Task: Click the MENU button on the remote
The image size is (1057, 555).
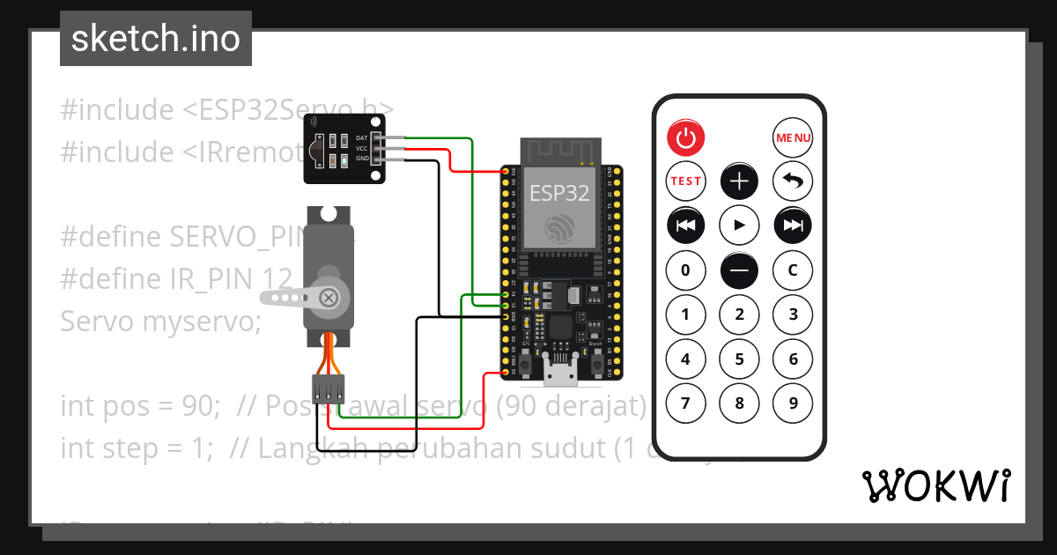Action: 793,137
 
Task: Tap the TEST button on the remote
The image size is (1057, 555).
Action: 686,181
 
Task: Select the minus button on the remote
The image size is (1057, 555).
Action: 739,270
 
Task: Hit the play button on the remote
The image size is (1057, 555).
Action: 739,226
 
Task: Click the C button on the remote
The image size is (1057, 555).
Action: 793,270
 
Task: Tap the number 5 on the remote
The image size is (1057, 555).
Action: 739,359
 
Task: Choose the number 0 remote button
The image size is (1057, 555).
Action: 686,270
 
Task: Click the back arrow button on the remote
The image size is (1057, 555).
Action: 793,181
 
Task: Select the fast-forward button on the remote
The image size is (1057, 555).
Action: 793,226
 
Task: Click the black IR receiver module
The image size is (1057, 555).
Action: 344,149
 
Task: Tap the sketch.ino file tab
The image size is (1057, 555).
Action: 156,39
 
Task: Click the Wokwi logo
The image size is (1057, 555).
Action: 935,485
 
